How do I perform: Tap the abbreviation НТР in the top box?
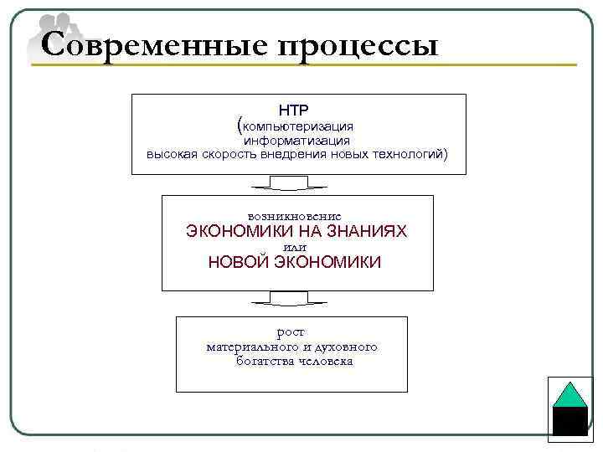click(294, 110)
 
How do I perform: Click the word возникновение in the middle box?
click(296, 216)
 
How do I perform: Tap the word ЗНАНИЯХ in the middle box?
click(364, 231)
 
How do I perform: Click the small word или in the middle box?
click(296, 247)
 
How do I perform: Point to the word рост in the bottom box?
click(291, 332)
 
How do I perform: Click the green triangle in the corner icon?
click(569, 395)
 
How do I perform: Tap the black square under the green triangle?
click(569, 421)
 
